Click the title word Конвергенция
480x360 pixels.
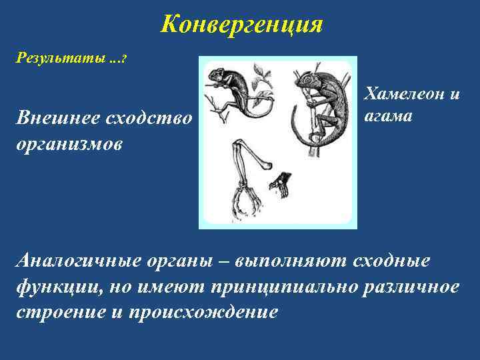[x=242, y=25]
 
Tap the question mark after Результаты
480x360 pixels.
[x=124, y=59]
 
